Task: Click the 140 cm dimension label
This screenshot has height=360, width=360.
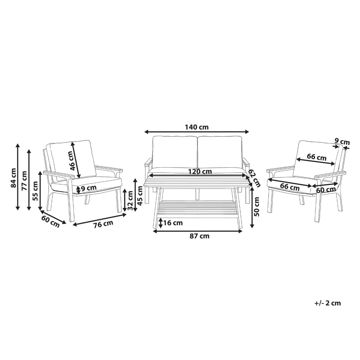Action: (x=196, y=127)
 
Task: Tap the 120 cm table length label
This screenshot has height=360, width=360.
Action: (x=200, y=171)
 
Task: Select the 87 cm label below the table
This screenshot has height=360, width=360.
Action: (x=199, y=236)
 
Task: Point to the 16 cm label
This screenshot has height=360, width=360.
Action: (x=173, y=223)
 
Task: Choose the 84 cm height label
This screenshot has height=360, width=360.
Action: (x=13, y=178)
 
